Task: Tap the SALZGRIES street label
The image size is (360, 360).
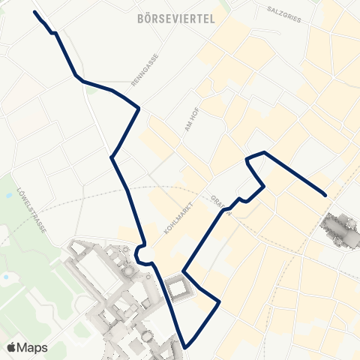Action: pos(283,16)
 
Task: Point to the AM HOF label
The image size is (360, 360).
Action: pos(189,118)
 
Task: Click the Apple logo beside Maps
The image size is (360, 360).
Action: pos(12,347)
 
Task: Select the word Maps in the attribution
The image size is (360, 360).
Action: pos(34,347)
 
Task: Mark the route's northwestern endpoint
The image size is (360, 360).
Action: pos(35,13)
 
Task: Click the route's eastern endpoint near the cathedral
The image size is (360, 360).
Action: pos(326,195)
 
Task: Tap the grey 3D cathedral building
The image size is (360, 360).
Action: pos(339,229)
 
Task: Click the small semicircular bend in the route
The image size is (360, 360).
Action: pos(139,256)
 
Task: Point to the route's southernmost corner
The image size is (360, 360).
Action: pos(184,346)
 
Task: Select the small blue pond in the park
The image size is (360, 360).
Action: pos(6,277)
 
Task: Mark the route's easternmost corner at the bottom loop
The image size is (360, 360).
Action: pos(219,302)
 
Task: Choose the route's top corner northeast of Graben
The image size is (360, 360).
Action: pos(263,152)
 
